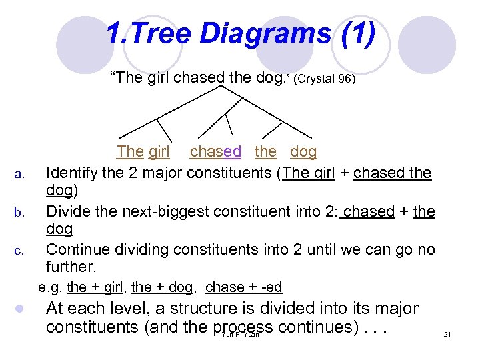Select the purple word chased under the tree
click(215, 152)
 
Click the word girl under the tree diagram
click(159, 152)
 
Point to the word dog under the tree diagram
click(303, 152)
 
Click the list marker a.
click(19, 175)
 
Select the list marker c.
click(19, 252)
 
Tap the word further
click(71, 267)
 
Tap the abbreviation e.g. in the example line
click(51, 287)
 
